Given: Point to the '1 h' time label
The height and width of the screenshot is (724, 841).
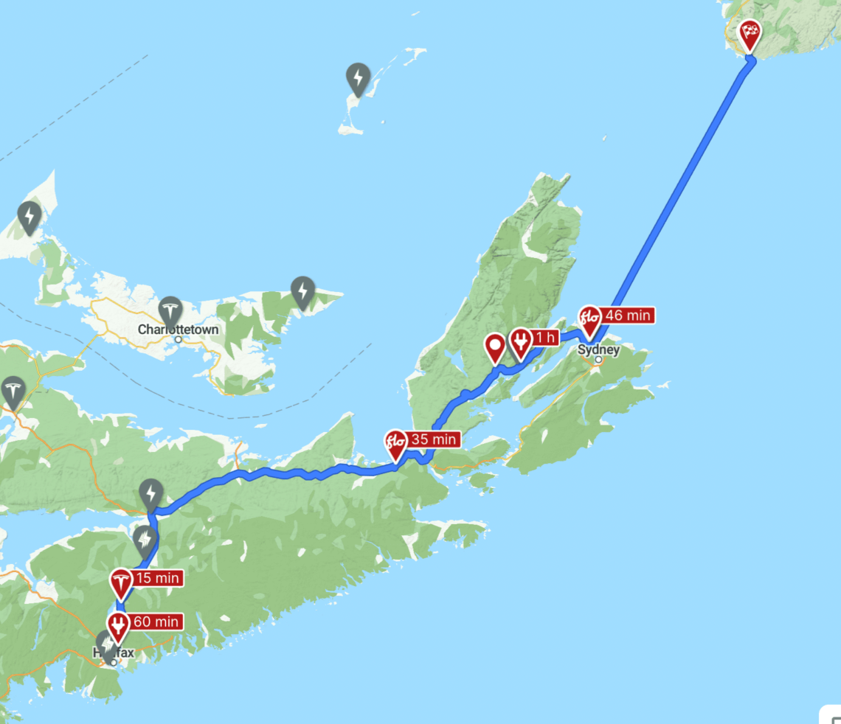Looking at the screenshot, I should [545, 338].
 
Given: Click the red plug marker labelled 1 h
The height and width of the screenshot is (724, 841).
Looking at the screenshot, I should [521, 341].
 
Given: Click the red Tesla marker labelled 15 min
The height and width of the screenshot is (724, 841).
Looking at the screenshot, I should [121, 582].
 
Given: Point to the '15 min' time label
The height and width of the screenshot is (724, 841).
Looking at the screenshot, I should [158, 579].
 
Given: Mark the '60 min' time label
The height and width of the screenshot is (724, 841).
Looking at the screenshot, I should [156, 622].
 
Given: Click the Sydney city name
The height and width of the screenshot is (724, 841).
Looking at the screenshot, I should [598, 349].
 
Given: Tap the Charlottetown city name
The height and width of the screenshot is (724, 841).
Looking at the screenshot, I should [179, 330].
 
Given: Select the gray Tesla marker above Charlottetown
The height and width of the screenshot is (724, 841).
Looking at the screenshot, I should [170, 311].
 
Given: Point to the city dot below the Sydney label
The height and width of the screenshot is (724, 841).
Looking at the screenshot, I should [598, 360].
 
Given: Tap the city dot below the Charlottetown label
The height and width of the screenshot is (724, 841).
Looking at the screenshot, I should [179, 339].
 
